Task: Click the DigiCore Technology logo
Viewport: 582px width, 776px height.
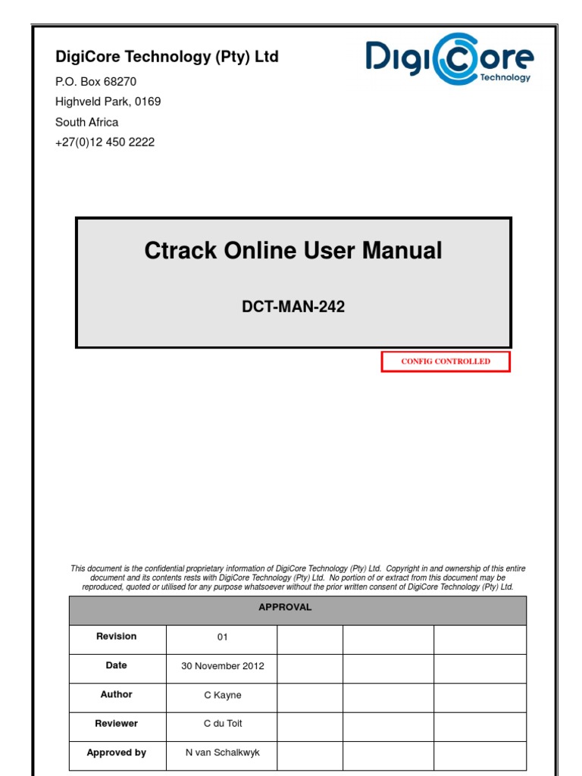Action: pyautogui.click(x=449, y=59)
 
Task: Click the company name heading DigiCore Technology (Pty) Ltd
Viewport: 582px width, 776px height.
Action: pyautogui.click(x=167, y=57)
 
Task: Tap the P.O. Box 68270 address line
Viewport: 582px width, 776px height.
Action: pyautogui.click(x=95, y=82)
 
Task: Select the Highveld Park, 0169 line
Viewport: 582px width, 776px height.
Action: pyautogui.click(x=108, y=102)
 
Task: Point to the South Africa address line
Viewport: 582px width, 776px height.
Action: pyautogui.click(x=86, y=122)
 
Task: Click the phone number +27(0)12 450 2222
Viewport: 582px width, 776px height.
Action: pyautogui.click(x=105, y=142)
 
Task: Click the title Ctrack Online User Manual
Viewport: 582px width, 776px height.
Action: pyautogui.click(x=293, y=251)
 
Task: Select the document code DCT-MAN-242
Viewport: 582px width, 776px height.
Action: pyautogui.click(x=293, y=307)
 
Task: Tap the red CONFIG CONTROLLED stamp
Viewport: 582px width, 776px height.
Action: pyautogui.click(x=446, y=361)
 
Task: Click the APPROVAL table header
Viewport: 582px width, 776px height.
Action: pyautogui.click(x=285, y=608)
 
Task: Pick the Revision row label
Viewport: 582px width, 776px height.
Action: pyautogui.click(x=117, y=637)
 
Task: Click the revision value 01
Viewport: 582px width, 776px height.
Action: pyautogui.click(x=222, y=637)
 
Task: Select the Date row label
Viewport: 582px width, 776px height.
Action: pyautogui.click(x=117, y=665)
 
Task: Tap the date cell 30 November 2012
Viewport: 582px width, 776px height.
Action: pyautogui.click(x=222, y=667)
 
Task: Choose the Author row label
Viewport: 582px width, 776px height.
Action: pyautogui.click(x=117, y=694)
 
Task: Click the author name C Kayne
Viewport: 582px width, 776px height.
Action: pyautogui.click(x=222, y=695)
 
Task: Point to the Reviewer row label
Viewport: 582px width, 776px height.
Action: pyautogui.click(x=117, y=724)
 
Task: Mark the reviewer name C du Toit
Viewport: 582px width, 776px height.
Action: pyautogui.click(x=223, y=724)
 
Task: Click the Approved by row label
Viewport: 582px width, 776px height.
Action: pyautogui.click(x=117, y=753)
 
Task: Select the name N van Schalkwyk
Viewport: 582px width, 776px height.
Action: pyautogui.click(x=222, y=753)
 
